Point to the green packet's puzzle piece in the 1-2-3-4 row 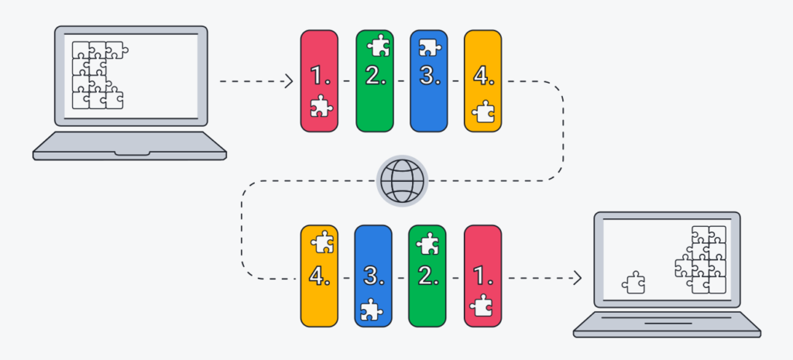point(378,46)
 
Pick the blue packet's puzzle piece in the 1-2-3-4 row point(428,49)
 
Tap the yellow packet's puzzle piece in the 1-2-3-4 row point(483,112)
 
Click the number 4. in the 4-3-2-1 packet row point(318,276)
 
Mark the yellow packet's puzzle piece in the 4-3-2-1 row point(321,243)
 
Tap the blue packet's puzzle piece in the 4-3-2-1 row point(372,308)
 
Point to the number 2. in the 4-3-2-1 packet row point(427,276)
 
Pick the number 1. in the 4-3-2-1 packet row point(481,276)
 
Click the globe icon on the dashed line point(402,181)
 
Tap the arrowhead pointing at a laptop point(577,276)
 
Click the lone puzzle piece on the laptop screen point(633,282)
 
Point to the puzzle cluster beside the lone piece point(701,259)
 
